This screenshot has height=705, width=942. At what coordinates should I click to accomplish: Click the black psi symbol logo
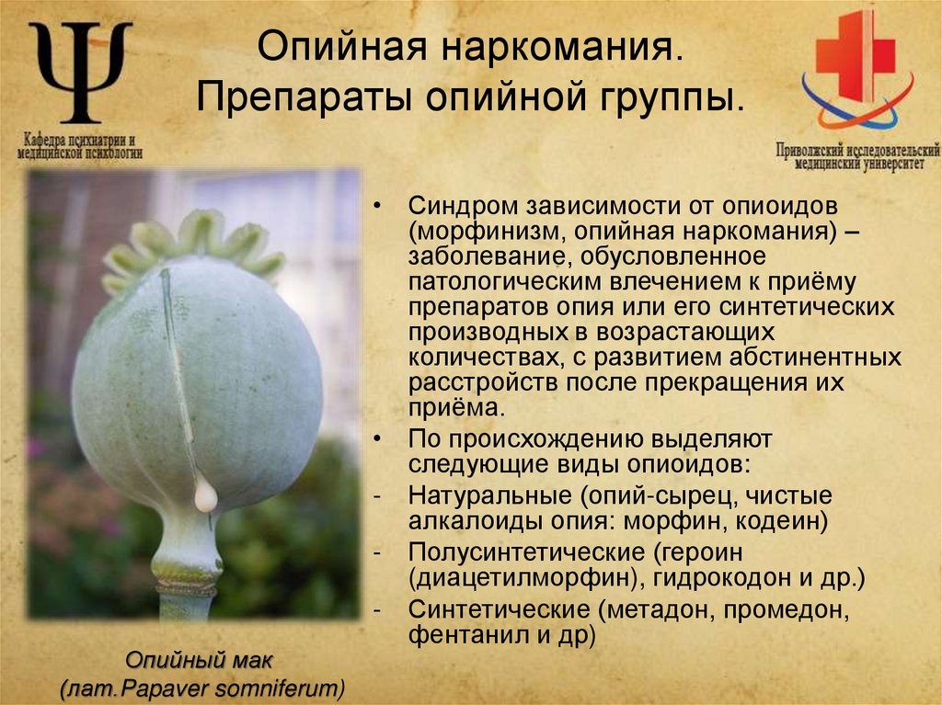click(x=80, y=72)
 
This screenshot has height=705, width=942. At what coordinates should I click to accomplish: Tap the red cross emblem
click(x=856, y=57)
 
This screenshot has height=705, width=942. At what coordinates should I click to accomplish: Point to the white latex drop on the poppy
click(x=206, y=496)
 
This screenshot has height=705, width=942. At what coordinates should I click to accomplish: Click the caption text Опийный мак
click(x=200, y=660)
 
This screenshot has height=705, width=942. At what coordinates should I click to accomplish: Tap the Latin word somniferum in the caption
click(x=285, y=687)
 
